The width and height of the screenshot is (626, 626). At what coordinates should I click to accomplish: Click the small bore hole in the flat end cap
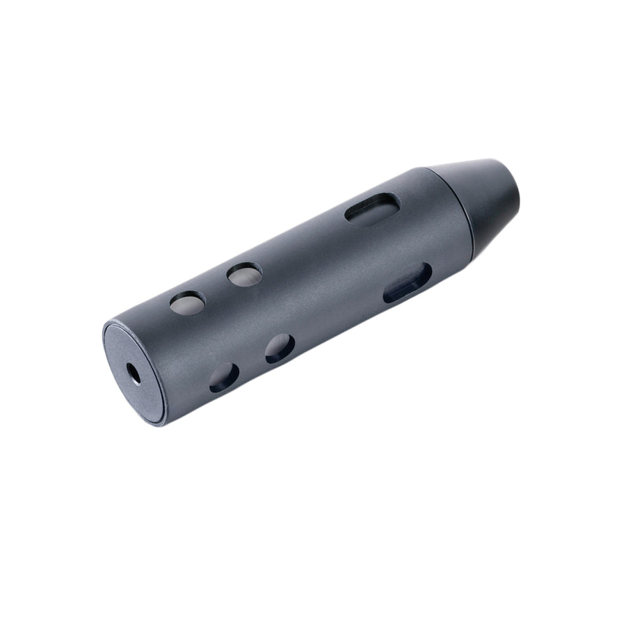click(133, 373)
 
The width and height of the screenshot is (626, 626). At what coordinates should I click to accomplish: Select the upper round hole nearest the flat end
click(187, 303)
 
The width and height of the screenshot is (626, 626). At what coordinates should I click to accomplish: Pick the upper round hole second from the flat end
click(245, 275)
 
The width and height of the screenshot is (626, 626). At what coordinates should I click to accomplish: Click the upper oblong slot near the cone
click(373, 208)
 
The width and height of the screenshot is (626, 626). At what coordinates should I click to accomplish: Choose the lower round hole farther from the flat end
click(280, 348)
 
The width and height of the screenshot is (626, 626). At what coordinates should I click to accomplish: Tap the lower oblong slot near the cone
click(408, 282)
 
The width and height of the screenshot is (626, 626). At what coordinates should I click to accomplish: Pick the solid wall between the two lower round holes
click(252, 363)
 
